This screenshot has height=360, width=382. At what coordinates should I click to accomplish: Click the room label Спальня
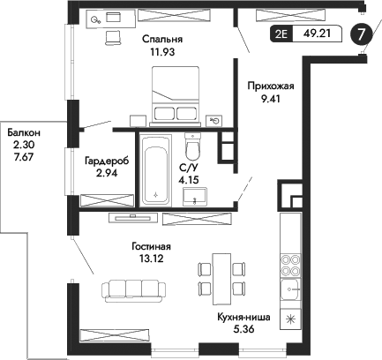(161, 40)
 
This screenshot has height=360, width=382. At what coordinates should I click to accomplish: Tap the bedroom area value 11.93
(161, 52)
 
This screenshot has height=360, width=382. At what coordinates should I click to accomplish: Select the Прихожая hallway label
(272, 86)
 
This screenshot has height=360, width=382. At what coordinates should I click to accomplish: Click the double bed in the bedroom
(175, 94)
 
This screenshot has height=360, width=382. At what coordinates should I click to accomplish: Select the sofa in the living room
(129, 289)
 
